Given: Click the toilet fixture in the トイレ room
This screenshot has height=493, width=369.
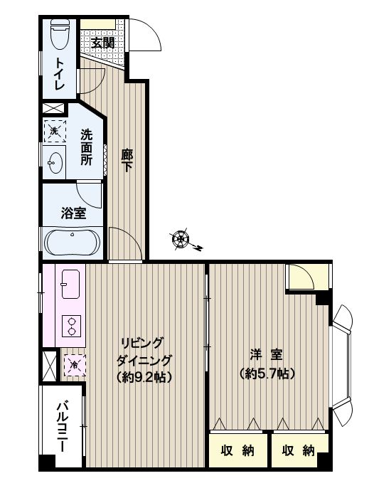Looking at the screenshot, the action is [x=60, y=34].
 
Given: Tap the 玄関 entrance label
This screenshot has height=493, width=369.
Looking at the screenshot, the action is [x=102, y=43].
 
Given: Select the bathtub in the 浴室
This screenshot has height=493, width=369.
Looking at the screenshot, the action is [x=73, y=243].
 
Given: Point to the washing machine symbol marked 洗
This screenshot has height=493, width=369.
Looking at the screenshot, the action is [x=55, y=132].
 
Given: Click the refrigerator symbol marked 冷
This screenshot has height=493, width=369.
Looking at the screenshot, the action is [x=75, y=365].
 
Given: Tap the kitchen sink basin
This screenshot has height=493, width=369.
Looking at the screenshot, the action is [x=70, y=284].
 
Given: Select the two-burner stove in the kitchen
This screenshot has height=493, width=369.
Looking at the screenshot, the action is [x=71, y=326].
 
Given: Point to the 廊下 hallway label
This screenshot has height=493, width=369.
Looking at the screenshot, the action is [x=127, y=160].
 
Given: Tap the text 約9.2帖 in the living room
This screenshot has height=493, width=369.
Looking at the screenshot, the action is [x=144, y=376].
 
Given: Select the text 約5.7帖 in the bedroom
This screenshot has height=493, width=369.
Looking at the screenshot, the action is [x=267, y=373].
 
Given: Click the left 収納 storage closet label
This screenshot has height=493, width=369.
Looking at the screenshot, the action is [x=237, y=450].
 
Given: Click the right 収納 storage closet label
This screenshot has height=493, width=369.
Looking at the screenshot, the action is [x=299, y=450].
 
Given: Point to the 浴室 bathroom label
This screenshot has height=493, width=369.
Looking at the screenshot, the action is [x=73, y=214].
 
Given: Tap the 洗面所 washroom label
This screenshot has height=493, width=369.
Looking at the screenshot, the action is [x=87, y=147].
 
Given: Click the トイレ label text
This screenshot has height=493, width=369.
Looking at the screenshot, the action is [x=60, y=74].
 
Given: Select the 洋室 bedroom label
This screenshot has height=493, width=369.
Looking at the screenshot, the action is [x=267, y=355].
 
